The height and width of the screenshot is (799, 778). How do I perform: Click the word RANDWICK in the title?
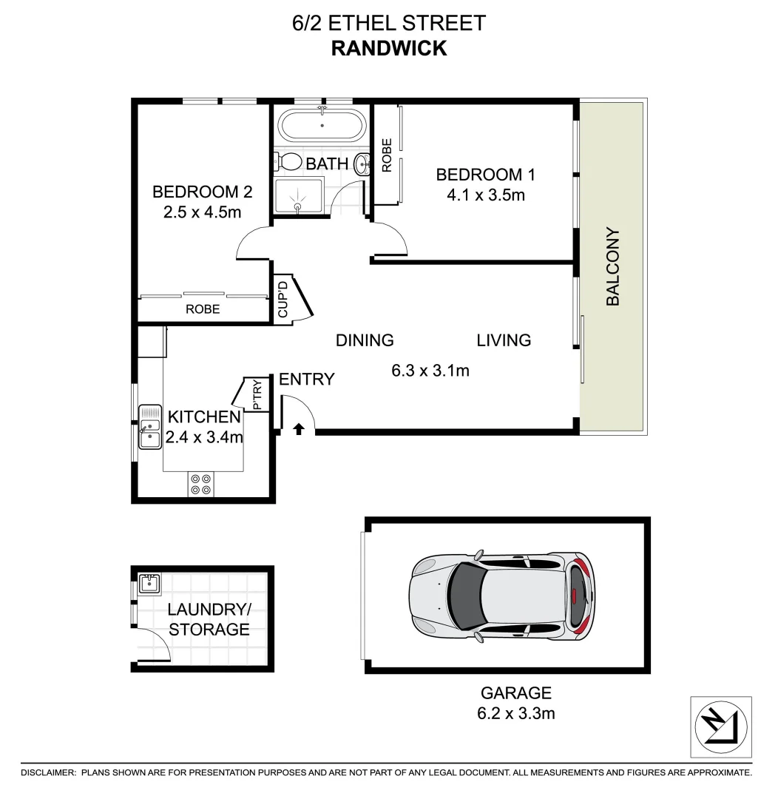[x=389, y=48]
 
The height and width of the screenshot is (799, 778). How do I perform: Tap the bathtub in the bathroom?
[x=321, y=125]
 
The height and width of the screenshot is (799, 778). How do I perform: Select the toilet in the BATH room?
[x=288, y=162]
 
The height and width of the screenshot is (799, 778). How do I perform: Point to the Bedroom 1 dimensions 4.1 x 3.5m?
[x=485, y=195]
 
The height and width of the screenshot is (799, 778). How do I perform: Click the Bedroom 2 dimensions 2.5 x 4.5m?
[x=203, y=212]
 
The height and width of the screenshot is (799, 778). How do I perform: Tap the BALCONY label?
[x=612, y=267]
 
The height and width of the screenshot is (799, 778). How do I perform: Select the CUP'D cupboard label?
[x=283, y=297]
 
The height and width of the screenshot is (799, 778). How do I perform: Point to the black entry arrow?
[x=299, y=428]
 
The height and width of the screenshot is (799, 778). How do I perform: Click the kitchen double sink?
[x=150, y=427]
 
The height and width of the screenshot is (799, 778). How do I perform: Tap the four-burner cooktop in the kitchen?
[x=201, y=483]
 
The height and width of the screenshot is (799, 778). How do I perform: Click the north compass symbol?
[x=721, y=727]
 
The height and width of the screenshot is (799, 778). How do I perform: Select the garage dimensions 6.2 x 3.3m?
[x=516, y=713]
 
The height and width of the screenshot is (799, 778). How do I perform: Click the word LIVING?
[x=504, y=340]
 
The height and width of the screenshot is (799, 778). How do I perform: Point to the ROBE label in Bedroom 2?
[x=203, y=309]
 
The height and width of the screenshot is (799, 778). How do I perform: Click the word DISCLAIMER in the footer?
[x=49, y=772]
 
